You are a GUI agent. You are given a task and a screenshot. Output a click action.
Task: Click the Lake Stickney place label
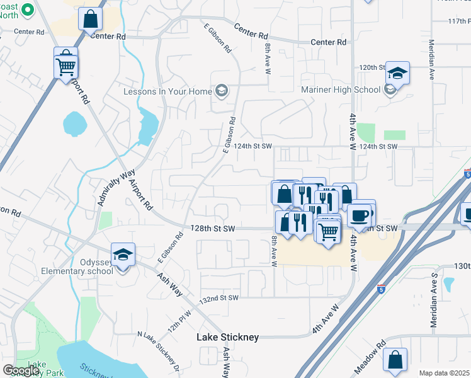(x=227, y=337)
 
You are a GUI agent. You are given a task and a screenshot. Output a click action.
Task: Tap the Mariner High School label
(x=341, y=90)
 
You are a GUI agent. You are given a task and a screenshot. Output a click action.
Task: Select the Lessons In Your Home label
(x=167, y=91)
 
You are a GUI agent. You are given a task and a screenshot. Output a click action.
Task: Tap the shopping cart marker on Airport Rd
(x=66, y=66)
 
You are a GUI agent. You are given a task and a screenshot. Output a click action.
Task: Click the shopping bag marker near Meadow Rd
(x=395, y=360)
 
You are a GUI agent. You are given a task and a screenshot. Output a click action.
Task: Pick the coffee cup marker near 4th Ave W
(x=359, y=215)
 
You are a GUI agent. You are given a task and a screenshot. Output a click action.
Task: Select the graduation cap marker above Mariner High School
(x=397, y=74)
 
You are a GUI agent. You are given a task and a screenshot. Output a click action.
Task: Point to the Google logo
(x=21, y=370)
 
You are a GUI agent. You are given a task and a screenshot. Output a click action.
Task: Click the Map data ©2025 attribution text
(x=445, y=373)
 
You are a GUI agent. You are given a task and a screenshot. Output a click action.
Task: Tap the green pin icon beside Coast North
(x=28, y=10)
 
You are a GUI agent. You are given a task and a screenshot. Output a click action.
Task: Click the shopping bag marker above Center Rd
(x=90, y=19)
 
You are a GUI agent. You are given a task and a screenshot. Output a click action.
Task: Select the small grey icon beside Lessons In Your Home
(x=221, y=91)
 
